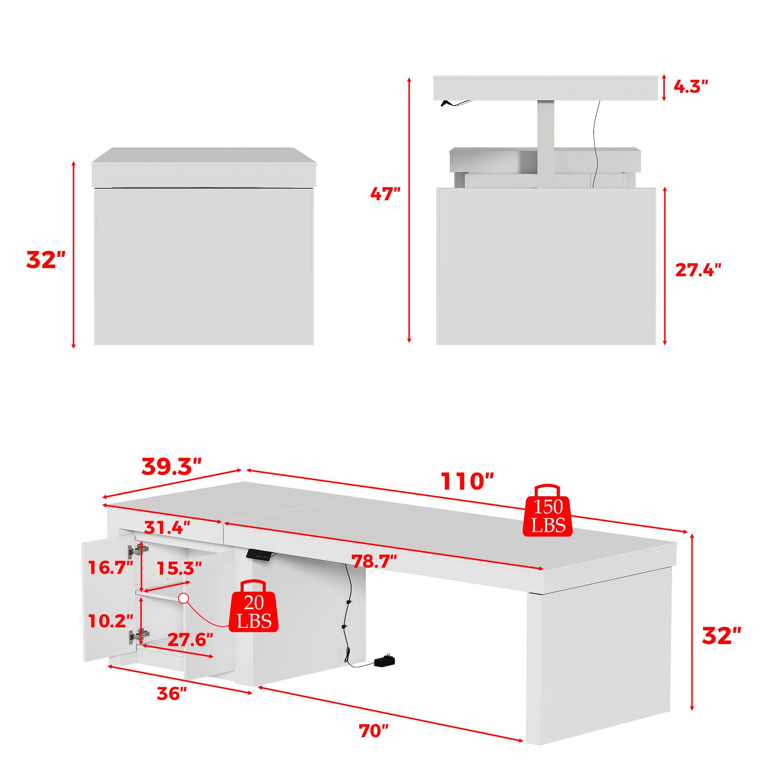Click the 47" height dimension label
point(385,195)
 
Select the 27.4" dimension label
point(698,270)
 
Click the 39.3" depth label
point(171,466)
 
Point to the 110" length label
point(467,481)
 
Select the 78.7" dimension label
point(374,561)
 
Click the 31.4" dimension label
point(167,526)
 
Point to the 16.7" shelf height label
point(111,568)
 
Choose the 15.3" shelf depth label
point(179,568)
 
